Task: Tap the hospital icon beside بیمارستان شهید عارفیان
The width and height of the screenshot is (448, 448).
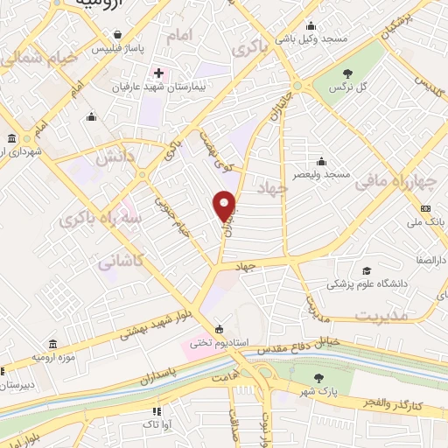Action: pos(158,73)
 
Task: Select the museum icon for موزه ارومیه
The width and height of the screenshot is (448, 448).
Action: pos(54,345)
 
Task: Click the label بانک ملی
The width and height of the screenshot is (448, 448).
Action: pos(425,222)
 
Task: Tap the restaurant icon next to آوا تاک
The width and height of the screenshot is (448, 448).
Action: pos(157,410)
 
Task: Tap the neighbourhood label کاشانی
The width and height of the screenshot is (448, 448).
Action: pos(119,260)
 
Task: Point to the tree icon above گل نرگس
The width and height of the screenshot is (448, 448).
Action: pos(349,73)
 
